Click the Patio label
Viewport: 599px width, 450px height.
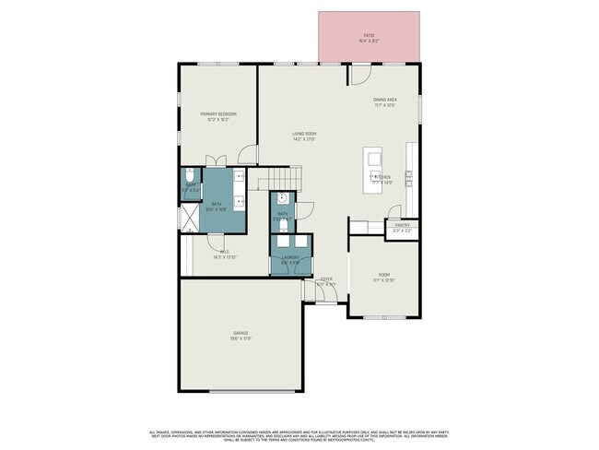click(368, 36)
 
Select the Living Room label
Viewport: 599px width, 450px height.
click(304, 136)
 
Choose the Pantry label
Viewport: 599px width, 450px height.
click(403, 225)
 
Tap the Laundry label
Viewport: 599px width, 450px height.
click(289, 258)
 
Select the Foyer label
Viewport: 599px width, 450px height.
click(326, 279)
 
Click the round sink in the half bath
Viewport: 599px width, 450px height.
click(283, 198)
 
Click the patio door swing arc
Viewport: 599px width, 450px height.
click(360, 74)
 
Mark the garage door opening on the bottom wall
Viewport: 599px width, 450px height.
click(242, 389)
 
